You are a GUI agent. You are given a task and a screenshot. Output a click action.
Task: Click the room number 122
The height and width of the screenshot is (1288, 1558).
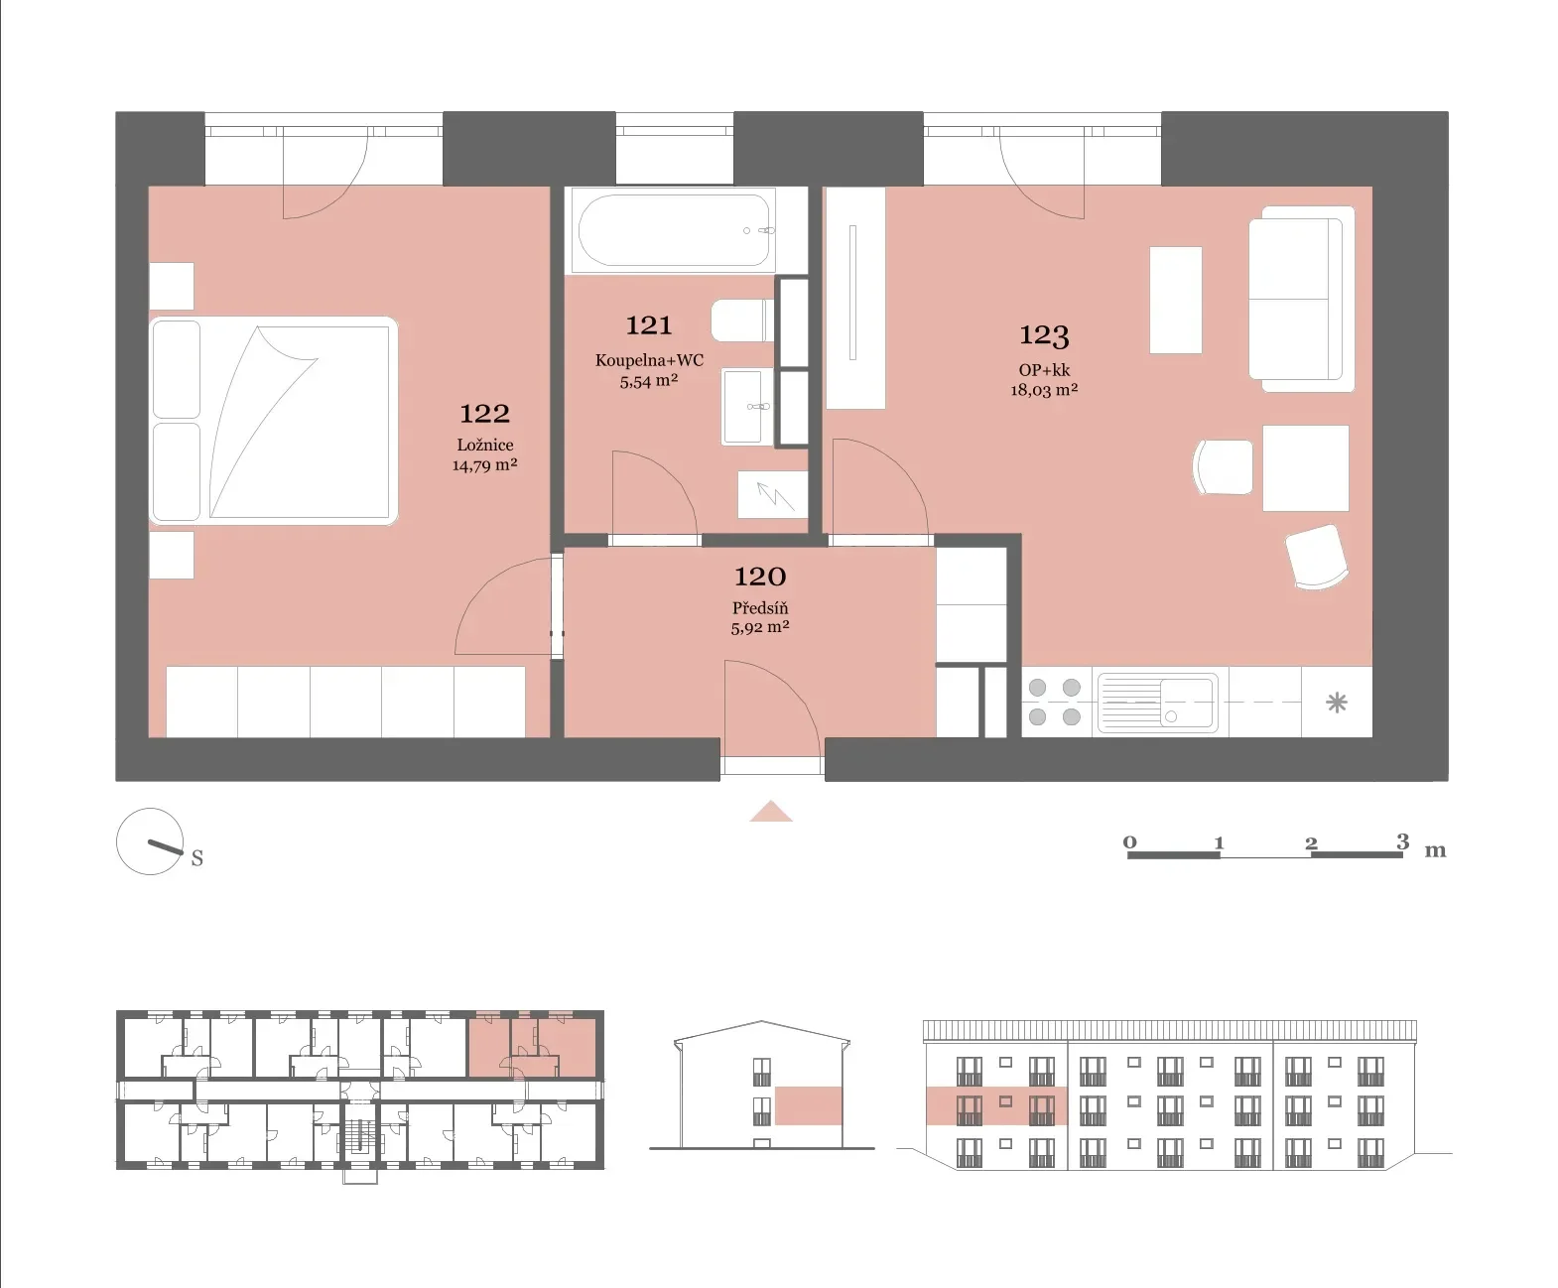[484, 414]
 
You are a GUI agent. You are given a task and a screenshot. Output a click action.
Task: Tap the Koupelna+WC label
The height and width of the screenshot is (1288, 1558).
[649, 360]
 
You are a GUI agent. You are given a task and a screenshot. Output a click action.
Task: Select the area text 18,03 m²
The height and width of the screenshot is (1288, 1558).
[1044, 390]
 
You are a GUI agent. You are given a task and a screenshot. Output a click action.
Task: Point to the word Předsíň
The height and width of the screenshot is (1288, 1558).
[759, 607]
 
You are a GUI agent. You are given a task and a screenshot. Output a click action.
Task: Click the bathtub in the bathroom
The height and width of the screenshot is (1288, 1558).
[674, 230]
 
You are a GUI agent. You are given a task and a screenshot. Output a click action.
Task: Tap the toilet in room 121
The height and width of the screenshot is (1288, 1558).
[742, 321]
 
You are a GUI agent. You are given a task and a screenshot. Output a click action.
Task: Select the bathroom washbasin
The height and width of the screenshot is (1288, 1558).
[744, 406]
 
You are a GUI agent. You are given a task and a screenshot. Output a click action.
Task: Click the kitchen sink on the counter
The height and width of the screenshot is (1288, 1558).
[1157, 702]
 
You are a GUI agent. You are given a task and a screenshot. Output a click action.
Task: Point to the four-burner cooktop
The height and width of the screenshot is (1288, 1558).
[1055, 702]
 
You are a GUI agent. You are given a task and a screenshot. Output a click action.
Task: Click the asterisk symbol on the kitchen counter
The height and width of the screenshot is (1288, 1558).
[1337, 703]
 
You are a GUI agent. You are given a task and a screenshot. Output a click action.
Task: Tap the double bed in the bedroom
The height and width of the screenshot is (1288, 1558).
[273, 420]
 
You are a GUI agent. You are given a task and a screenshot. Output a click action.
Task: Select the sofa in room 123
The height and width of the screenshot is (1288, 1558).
[1301, 300]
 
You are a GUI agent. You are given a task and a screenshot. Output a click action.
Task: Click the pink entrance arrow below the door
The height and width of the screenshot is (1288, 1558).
[771, 811]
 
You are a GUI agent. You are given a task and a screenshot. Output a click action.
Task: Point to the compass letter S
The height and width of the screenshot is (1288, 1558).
[197, 858]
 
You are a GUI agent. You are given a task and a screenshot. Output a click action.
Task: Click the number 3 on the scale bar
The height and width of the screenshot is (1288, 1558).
[1403, 841]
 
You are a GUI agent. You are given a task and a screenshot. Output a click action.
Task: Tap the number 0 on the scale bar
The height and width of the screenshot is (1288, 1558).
[1129, 842]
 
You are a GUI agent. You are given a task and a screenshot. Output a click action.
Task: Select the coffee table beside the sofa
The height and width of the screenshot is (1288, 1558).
[1175, 300]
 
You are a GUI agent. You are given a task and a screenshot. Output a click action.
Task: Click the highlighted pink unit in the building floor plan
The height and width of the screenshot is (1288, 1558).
[532, 1046]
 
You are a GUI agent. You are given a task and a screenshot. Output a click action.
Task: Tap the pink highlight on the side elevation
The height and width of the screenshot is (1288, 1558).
[809, 1106]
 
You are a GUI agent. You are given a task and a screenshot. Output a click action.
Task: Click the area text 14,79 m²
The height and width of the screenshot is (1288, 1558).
[485, 465]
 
